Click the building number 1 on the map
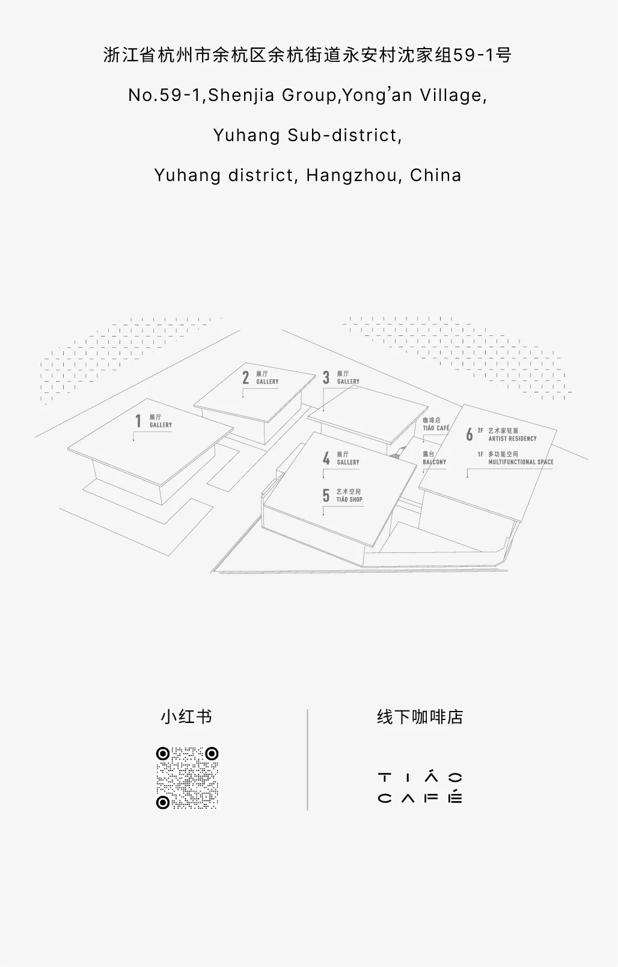click(x=138, y=421)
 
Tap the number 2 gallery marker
click(x=245, y=377)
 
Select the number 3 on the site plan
click(x=326, y=377)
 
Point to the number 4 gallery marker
click(x=326, y=459)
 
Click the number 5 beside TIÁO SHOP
click(x=326, y=495)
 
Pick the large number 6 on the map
click(x=469, y=435)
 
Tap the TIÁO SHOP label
click(x=349, y=499)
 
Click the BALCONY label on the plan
click(x=434, y=462)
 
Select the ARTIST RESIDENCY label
click(x=512, y=439)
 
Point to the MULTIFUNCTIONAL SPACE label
click(x=521, y=462)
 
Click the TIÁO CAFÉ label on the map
click(x=436, y=428)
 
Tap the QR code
click(x=187, y=778)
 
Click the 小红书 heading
click(x=186, y=717)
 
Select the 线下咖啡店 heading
click(x=420, y=717)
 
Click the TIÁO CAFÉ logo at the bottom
click(x=420, y=788)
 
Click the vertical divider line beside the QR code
click(x=308, y=760)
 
